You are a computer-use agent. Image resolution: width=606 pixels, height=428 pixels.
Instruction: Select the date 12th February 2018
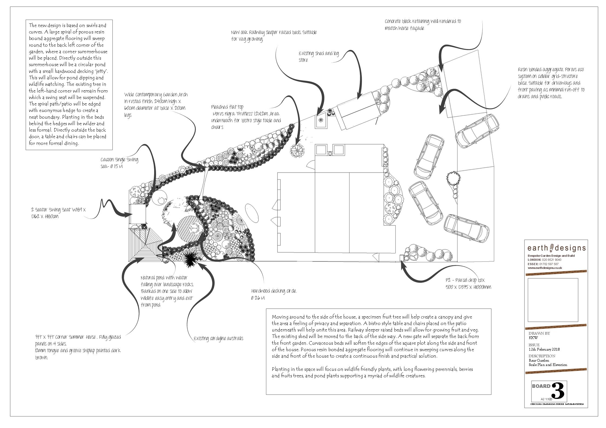coord(544,349)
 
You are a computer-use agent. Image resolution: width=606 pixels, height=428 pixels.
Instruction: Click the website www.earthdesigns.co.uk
coord(545,268)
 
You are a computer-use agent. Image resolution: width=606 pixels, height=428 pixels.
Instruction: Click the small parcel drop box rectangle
coord(402,258)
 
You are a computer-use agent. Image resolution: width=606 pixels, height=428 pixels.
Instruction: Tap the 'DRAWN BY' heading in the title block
coord(539,333)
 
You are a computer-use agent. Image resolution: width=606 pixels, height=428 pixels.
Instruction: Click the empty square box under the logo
coord(553,300)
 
